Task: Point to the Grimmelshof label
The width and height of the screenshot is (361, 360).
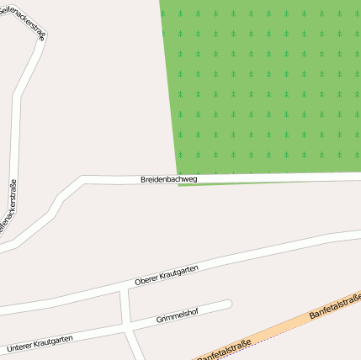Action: tap(178, 318)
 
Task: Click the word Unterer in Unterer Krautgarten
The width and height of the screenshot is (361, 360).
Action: tap(21, 346)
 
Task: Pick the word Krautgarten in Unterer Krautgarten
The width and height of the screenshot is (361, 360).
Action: tap(55, 340)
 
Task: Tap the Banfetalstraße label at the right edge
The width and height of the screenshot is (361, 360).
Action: tap(335, 306)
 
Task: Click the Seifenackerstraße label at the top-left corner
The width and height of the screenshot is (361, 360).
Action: tap(24, 19)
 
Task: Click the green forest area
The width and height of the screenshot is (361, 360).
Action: tap(261, 84)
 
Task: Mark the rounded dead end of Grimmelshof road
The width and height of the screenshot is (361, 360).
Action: tap(226, 304)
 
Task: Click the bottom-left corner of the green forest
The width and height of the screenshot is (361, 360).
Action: tap(178, 173)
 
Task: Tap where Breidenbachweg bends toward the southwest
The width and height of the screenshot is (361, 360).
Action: tap(82, 180)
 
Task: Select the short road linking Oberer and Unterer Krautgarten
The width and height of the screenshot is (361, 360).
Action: tap(125, 309)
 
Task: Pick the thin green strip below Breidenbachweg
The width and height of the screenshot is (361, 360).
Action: tap(252, 183)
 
